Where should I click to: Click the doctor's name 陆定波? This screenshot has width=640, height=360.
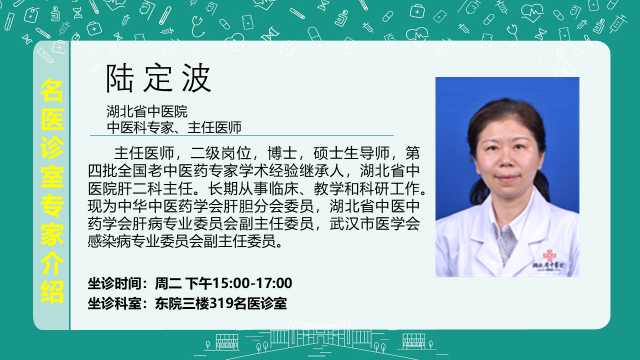[158, 78]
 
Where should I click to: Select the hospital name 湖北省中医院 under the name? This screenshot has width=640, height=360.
[147, 111]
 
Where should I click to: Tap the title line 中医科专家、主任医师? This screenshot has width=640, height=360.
[174, 127]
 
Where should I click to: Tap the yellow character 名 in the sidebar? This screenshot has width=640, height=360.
[52, 91]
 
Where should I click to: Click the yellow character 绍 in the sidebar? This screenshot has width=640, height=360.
[52, 291]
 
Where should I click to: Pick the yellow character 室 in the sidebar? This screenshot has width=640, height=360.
[52, 177]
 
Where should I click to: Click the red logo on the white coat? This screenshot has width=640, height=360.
[550, 256]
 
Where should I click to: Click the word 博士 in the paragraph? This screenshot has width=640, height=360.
[282, 153]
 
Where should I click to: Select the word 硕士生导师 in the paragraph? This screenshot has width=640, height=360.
[352, 153]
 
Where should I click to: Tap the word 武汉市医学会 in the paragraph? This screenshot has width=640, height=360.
[375, 224]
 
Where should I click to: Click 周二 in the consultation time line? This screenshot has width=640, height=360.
[168, 283]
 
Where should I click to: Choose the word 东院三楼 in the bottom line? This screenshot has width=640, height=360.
[182, 303]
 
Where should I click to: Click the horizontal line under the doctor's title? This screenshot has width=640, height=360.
[242, 135]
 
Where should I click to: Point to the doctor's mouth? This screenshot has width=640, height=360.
[507, 178]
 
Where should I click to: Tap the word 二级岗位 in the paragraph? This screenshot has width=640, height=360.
[220, 153]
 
